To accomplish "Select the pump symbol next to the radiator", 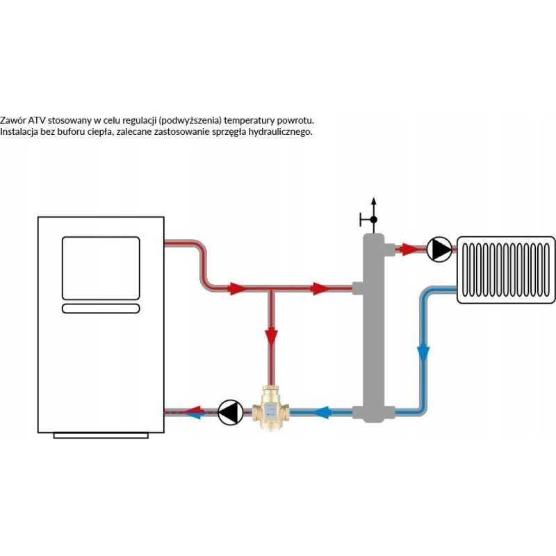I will (x=438, y=249).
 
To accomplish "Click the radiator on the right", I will (x=506, y=270).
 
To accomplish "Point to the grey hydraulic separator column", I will (x=373, y=327).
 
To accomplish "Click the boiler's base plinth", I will (x=101, y=435).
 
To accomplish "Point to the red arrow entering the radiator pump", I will (x=414, y=248).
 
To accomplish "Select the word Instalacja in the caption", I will (x=20, y=131).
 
